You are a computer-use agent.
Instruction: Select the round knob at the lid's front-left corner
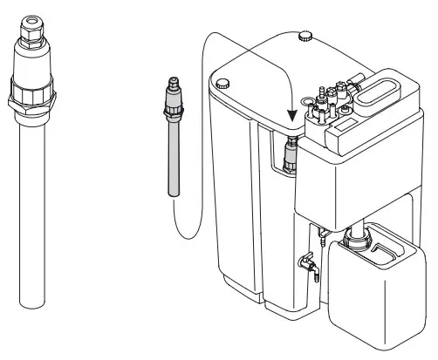[x=222, y=83]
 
